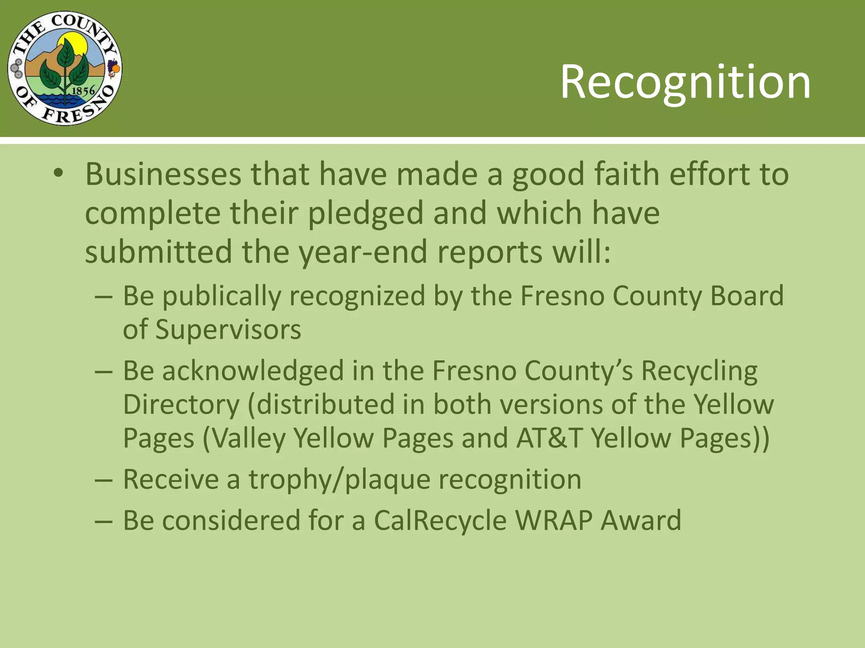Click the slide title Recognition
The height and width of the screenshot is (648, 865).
pyautogui.click(x=685, y=82)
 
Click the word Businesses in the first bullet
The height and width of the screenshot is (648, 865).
pyautogui.click(x=163, y=174)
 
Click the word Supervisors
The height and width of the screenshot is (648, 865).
pyautogui.click(x=228, y=329)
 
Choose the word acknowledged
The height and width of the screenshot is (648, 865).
pyautogui.click(x=253, y=371)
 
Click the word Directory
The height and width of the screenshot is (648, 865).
pyautogui.click(x=181, y=405)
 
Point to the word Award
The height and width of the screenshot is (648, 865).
pyautogui.click(x=641, y=520)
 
